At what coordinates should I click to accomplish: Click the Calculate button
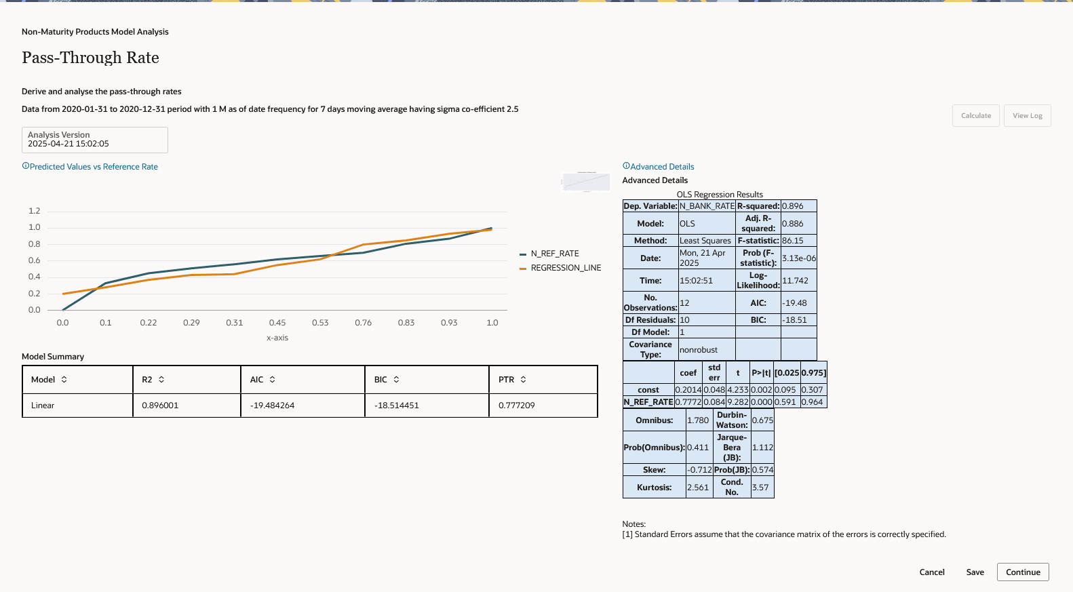click(x=975, y=116)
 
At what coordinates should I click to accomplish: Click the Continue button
click(x=1023, y=572)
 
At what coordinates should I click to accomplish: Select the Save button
click(x=975, y=572)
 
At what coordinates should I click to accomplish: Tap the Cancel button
click(x=931, y=572)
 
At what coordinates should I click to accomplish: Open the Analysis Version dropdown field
click(x=95, y=140)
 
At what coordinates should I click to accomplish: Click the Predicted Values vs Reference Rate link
click(x=94, y=167)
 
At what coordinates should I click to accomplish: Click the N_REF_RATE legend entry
click(x=554, y=254)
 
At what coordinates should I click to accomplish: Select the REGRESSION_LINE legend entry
click(x=565, y=268)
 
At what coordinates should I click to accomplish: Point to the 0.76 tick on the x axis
click(x=363, y=323)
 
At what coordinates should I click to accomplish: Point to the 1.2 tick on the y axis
click(x=35, y=211)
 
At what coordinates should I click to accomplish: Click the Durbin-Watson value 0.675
click(x=762, y=420)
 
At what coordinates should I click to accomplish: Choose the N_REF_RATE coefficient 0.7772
click(x=688, y=402)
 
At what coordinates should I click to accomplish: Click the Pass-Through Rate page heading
click(x=90, y=58)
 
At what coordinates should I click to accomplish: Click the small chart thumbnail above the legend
click(x=586, y=182)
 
